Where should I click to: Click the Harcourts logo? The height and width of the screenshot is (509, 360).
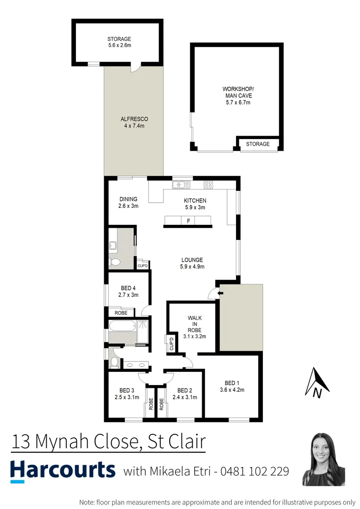(63, 470)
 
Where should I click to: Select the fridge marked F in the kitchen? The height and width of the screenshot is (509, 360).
(188, 221)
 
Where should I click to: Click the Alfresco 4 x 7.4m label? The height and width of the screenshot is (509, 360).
(134, 123)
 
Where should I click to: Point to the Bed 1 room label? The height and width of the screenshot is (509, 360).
(232, 386)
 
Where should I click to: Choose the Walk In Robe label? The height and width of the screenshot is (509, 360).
(194, 327)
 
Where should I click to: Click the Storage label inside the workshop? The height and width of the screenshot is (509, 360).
(257, 144)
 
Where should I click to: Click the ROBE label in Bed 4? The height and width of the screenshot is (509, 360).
(121, 312)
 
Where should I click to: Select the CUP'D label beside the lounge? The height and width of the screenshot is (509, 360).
(143, 266)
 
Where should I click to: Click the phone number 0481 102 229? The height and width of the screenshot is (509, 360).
(255, 471)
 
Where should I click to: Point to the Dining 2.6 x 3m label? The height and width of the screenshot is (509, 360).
(128, 202)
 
